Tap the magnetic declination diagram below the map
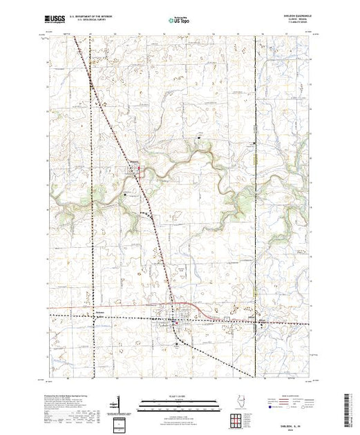119,403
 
